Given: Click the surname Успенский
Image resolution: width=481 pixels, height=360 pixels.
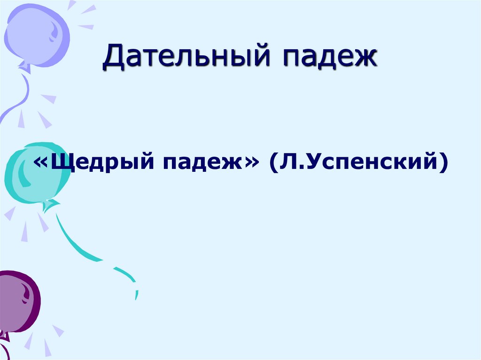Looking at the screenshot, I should pyautogui.click(x=369, y=163).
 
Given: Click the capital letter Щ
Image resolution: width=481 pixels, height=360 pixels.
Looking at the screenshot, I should pyautogui.click(x=59, y=162).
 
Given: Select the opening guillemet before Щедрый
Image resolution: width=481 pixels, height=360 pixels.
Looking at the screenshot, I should pyautogui.click(x=40, y=163).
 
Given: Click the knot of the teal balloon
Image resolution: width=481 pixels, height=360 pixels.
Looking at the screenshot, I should pyautogui.click(x=48, y=205).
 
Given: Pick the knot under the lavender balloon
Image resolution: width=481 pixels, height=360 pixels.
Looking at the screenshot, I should pyautogui.click(x=24, y=68).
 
